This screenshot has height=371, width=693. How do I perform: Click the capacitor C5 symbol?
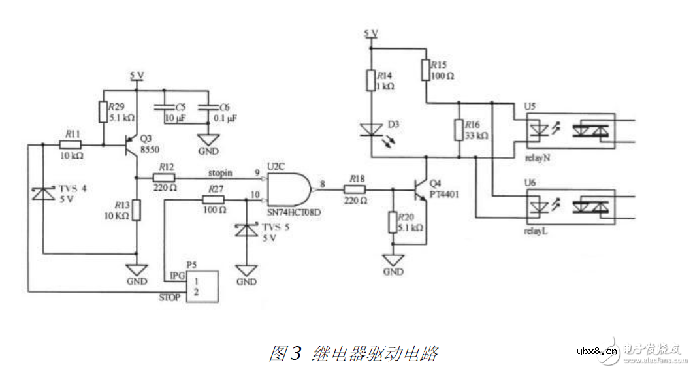(x=162, y=108)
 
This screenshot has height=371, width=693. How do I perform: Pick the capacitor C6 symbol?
(x=209, y=108)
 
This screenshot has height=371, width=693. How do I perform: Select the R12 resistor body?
(x=163, y=176)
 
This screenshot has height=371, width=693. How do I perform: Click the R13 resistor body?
(x=136, y=210)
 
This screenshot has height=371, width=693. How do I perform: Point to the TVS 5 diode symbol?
(x=246, y=229)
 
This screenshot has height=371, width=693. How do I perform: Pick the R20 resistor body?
(x=393, y=222)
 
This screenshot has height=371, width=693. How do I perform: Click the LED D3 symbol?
(x=371, y=130)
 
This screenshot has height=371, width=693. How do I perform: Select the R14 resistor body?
(x=371, y=81)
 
